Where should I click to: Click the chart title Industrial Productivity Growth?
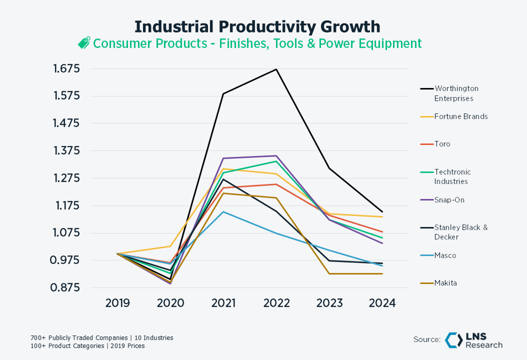257,26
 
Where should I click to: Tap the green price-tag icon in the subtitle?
84,43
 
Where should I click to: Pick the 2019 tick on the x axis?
118,303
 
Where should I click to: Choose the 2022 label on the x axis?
276,303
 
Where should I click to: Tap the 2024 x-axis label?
382,303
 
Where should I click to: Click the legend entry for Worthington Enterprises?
456,93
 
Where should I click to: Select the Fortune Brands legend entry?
461,116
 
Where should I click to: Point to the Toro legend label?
442,144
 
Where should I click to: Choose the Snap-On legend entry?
449,200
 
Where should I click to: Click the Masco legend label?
445,255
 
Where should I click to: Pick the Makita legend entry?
445,283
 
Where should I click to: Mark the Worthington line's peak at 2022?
276,69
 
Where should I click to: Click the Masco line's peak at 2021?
223,212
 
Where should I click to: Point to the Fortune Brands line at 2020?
170,246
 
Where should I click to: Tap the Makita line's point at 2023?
329,274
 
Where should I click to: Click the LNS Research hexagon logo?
454,340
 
